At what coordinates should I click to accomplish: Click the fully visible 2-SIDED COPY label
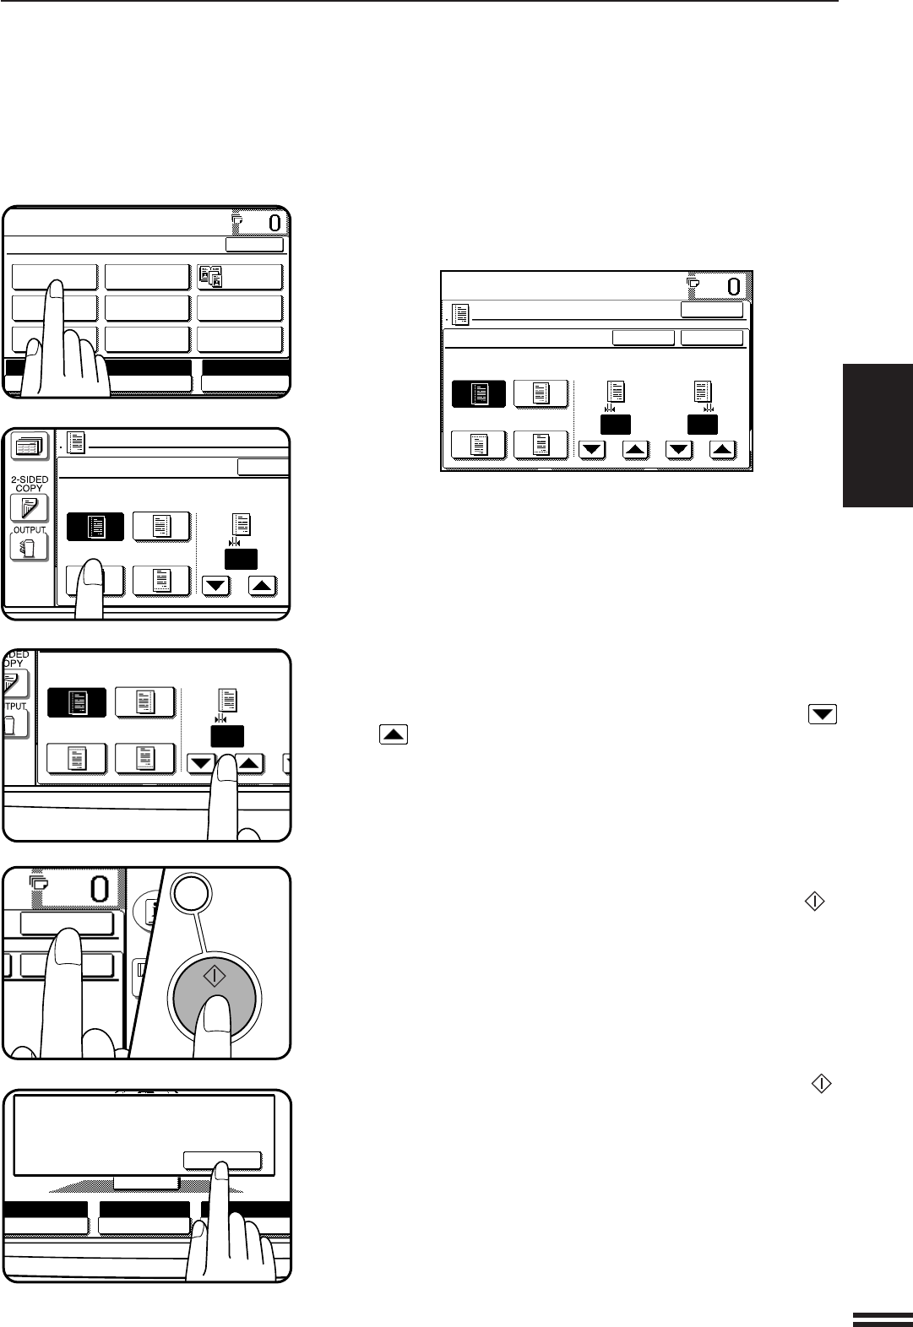pos(30,484)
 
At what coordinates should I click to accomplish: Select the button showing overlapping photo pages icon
pos(240,277)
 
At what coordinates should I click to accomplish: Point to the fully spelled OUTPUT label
pos(30,530)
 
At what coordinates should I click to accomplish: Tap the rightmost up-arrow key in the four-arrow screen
pos(721,450)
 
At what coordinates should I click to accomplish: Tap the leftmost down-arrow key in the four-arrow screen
pos(592,450)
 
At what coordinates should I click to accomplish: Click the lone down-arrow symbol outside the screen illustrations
pos(823,714)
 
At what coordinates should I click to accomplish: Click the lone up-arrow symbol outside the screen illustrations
pos(394,735)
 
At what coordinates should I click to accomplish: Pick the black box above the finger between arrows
pos(227,736)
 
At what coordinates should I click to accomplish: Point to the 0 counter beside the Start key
pos(100,890)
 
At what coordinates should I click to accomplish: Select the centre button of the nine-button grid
pos(147,308)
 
